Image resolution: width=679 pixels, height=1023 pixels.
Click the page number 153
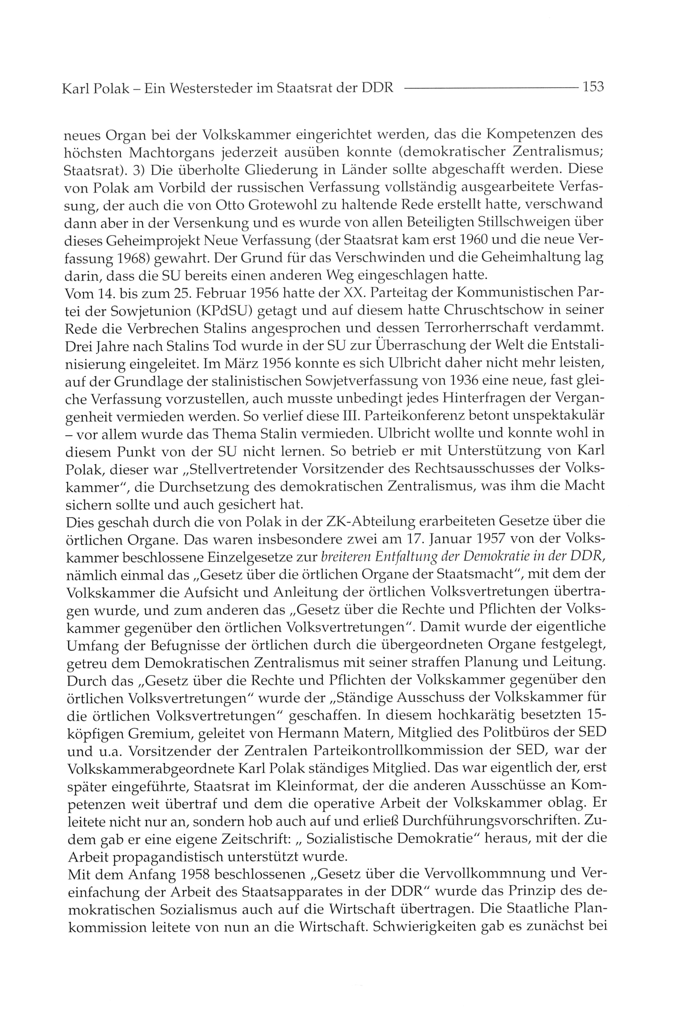pos(593,87)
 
